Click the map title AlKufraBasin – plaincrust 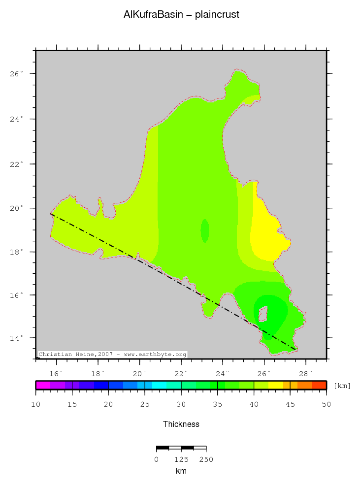[181, 15]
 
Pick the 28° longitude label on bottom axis [306, 372]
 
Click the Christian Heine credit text [113, 355]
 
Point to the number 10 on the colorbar [35, 404]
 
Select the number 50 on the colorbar [326, 404]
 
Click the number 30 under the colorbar [181, 404]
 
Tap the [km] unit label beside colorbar [342, 386]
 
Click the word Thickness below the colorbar [181, 424]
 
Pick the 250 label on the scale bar [206, 459]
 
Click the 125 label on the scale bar [181, 459]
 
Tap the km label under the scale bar [181, 471]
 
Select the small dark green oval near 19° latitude [205, 230]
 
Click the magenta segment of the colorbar [43, 385]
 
